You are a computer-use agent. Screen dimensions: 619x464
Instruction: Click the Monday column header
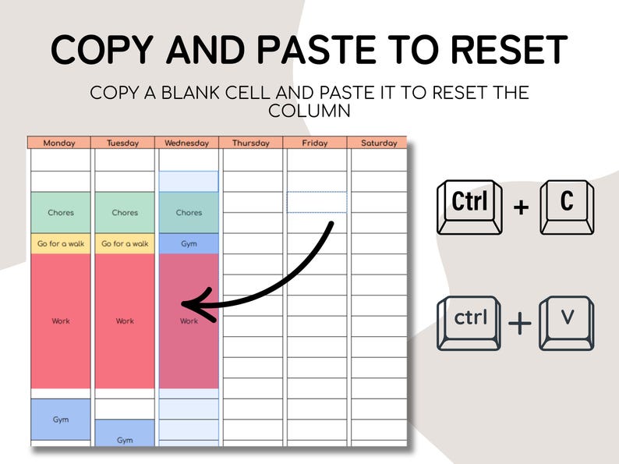[58, 143]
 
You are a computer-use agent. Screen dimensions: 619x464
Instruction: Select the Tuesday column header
[122, 143]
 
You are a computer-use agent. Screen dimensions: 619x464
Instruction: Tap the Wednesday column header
[187, 143]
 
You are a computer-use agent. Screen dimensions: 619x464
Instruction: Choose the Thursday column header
[251, 143]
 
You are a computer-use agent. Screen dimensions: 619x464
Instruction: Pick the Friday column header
[315, 143]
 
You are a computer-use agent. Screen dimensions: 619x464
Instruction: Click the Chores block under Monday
[61, 212]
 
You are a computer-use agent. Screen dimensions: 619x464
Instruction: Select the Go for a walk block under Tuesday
[125, 243]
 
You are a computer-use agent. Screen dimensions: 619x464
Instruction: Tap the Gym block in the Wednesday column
[189, 243]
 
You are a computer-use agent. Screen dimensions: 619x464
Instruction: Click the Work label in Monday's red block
[61, 321]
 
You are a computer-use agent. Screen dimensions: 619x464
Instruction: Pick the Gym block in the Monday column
[61, 420]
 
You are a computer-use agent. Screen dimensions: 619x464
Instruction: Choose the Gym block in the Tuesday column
[125, 434]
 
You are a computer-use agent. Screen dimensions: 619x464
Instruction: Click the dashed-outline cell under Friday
[317, 202]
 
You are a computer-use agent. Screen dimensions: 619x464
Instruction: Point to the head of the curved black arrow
[182, 304]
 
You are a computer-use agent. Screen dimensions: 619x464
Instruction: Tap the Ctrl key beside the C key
[469, 207]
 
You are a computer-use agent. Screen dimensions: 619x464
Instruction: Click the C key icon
[567, 207]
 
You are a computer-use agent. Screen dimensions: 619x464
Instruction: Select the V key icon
[567, 323]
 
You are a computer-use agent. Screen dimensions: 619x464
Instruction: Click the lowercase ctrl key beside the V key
[469, 323]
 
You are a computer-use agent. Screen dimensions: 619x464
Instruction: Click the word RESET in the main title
[509, 50]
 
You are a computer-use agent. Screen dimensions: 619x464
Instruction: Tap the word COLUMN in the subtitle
[309, 111]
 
